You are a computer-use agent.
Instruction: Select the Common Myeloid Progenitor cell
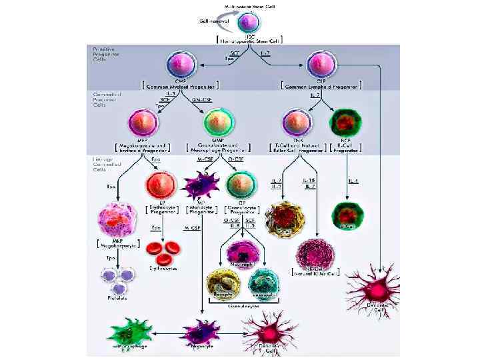183,65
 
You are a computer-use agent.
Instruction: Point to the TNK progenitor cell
297,125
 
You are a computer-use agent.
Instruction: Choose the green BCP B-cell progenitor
345,125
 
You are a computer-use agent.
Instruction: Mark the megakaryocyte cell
117,223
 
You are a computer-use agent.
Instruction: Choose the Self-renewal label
215,21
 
